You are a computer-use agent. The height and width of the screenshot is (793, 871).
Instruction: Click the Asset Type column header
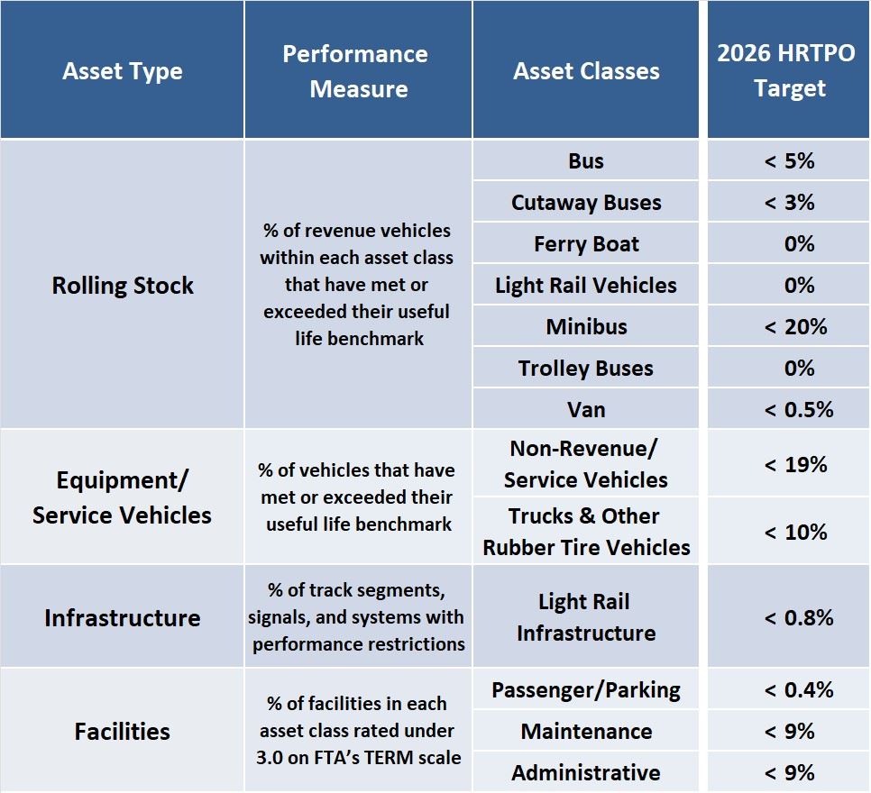pyautogui.click(x=123, y=72)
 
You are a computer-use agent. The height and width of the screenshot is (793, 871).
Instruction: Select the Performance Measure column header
pyautogui.click(x=358, y=71)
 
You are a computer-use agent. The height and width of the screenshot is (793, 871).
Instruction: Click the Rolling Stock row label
pyautogui.click(x=123, y=286)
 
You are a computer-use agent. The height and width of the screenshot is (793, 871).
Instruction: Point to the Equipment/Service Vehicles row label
pyautogui.click(x=123, y=497)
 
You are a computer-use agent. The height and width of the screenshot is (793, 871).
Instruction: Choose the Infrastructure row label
pyautogui.click(x=123, y=618)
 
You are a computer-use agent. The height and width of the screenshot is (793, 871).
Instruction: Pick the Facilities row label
pyautogui.click(x=123, y=731)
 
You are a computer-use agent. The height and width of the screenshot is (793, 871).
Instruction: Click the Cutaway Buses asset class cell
pyautogui.click(x=586, y=203)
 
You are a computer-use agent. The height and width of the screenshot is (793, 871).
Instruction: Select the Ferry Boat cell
pyautogui.click(x=586, y=244)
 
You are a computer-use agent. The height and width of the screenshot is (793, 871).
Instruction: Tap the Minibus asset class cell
pyautogui.click(x=586, y=326)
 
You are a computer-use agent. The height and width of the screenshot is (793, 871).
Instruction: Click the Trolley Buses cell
pyautogui.click(x=586, y=368)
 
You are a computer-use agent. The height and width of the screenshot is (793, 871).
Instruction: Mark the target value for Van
pyautogui.click(x=798, y=410)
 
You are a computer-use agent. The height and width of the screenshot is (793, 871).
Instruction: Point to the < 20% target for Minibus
pyautogui.click(x=795, y=326)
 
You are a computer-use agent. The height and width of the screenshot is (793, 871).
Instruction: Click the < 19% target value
pyautogui.click(x=795, y=465)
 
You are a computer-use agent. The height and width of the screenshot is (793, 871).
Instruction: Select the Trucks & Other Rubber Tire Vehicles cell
pyautogui.click(x=586, y=532)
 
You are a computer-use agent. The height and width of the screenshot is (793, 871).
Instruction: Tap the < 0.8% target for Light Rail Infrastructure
pyautogui.click(x=798, y=618)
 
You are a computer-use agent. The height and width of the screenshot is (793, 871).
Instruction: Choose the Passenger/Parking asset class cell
pyautogui.click(x=586, y=690)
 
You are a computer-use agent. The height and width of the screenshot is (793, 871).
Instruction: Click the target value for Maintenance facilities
pyautogui.click(x=790, y=732)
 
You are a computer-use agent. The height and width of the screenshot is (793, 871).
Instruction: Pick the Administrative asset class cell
pyautogui.click(x=586, y=773)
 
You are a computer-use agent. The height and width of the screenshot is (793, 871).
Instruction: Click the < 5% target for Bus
pyautogui.click(x=790, y=161)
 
